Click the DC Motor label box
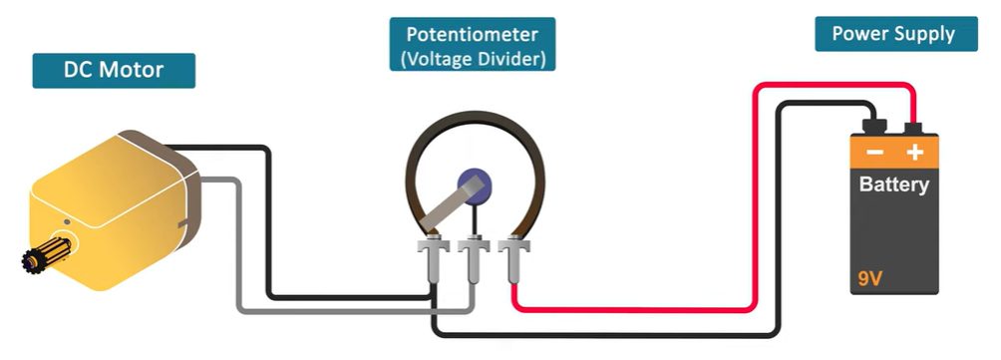tap(113, 71)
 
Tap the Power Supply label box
tap(893, 34)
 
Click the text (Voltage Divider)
tap(473, 59)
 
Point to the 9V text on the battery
tap(869, 278)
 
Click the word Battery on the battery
tap(893, 185)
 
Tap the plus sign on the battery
tap(914, 153)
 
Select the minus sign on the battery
tap(873, 153)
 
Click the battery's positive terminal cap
tap(914, 128)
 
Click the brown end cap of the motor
tap(184, 189)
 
